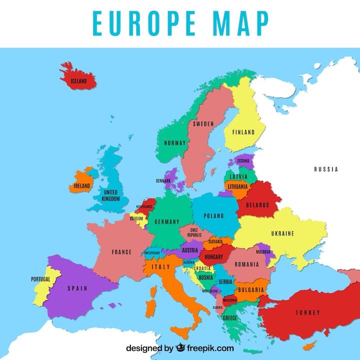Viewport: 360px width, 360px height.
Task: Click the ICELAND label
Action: (x=78, y=81)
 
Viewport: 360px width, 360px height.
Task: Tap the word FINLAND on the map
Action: (x=243, y=132)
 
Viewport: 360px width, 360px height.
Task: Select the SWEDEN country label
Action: (x=203, y=123)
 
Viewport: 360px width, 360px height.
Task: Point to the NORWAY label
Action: (x=175, y=143)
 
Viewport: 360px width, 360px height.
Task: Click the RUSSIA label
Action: (x=326, y=169)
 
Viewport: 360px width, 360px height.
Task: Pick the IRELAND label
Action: (x=82, y=185)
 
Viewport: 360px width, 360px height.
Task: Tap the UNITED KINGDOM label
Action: (x=110, y=195)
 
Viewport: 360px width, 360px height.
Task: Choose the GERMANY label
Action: (x=167, y=221)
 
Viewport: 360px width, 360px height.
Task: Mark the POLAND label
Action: (x=214, y=216)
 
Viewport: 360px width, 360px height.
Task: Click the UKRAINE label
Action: (x=282, y=233)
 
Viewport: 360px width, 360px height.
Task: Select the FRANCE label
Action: (x=121, y=252)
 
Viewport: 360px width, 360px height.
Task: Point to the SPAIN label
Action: (x=77, y=288)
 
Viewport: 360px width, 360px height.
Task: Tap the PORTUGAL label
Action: (x=40, y=279)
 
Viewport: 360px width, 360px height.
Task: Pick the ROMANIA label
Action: (x=246, y=263)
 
